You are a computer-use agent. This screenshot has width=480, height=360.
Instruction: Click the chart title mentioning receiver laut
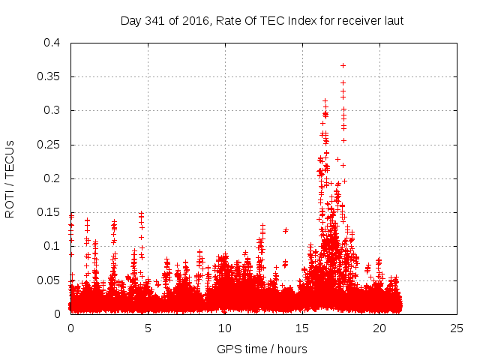[x=262, y=21]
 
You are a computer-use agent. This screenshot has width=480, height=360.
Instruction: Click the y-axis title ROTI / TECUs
[x=10, y=178]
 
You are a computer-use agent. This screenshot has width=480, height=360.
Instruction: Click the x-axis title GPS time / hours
[x=262, y=349]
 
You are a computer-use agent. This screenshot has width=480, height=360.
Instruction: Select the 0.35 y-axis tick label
[x=49, y=76]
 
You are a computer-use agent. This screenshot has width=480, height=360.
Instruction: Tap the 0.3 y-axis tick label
[x=52, y=110]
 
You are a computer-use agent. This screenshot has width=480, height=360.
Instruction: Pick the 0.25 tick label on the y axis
[x=49, y=145]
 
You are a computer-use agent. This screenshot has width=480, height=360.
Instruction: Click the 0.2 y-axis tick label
[x=52, y=178]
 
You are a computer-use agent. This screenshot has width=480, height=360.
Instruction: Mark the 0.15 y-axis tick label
[x=49, y=212]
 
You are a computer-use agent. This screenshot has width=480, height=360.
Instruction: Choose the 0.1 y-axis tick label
[x=52, y=246]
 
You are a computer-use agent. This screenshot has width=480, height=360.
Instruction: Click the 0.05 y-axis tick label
[x=49, y=280]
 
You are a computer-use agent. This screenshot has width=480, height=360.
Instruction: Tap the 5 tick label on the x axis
[x=148, y=328]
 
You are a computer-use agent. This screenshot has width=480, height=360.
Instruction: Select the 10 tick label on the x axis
[x=225, y=328]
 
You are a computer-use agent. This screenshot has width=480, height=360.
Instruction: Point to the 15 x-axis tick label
[x=302, y=328]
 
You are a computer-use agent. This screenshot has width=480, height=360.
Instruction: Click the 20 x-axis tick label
[x=379, y=328]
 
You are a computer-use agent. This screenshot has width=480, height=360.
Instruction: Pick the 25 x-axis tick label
[x=457, y=328]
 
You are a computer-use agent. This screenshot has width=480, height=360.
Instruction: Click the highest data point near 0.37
[x=343, y=65]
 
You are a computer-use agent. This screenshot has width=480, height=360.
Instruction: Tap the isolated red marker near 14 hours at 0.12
[x=286, y=230]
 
